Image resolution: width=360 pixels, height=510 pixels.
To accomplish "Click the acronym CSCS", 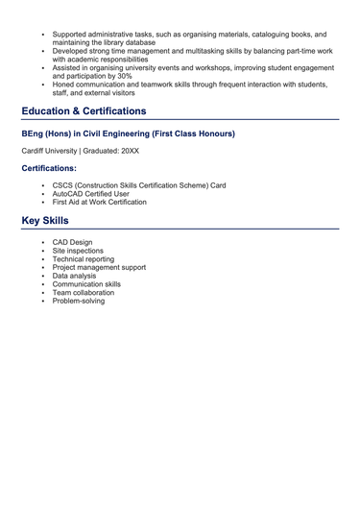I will click(x=63, y=185).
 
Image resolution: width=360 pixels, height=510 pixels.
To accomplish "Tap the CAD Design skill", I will click(x=73, y=242).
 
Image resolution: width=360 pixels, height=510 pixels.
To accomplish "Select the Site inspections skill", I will click(x=80, y=251).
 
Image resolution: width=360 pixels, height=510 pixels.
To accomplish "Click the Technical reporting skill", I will click(x=83, y=259).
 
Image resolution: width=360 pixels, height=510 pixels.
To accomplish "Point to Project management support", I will click(x=99, y=268).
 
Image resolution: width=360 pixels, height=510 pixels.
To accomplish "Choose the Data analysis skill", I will click(x=76, y=277).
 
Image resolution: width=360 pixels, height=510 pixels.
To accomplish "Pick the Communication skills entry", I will click(x=86, y=285).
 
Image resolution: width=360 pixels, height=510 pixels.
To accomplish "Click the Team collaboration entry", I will click(x=83, y=293).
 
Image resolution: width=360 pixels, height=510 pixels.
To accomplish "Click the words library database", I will click(x=127, y=42).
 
